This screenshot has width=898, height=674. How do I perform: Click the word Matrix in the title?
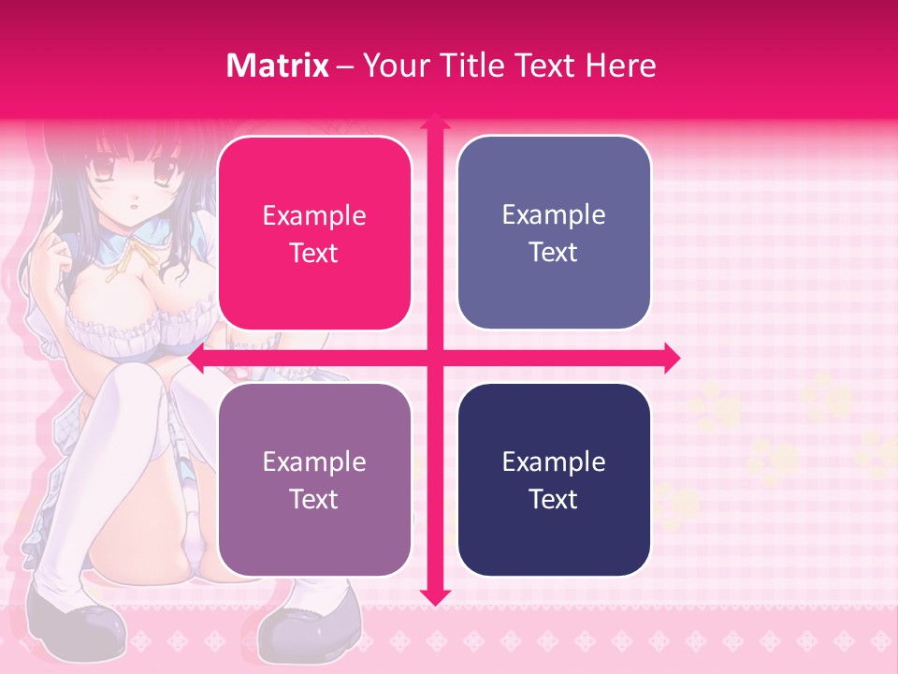278,66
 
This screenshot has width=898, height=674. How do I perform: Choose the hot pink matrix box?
314,233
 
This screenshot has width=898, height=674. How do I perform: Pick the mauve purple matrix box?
314,479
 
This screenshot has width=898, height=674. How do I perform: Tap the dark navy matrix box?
554,479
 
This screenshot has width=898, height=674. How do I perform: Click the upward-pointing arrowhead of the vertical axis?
434,122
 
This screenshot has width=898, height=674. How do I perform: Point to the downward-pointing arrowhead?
434,596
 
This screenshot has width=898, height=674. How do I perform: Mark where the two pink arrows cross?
434,358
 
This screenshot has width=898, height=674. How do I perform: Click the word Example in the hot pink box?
314,215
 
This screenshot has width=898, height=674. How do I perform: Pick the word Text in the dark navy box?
554,499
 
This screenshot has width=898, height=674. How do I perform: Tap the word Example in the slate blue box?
554,214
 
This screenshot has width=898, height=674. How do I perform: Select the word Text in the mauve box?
314,499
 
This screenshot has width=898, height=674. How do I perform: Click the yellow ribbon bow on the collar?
122,260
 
